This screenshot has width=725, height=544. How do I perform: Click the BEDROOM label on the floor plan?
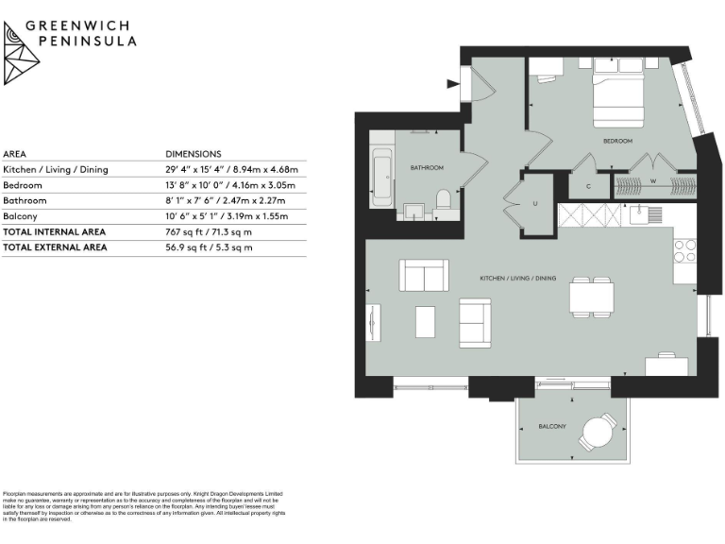pos(617,141)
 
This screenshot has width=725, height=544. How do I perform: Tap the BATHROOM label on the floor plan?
pos(427,167)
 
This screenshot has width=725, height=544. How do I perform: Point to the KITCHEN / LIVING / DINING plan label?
pos(517,279)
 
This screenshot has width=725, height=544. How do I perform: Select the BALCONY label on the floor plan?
pos(552,427)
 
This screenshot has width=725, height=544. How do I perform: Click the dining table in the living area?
pos(591,299)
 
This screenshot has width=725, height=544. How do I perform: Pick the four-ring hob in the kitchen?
pos(684,250)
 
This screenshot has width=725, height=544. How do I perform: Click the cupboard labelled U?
pos(535,203)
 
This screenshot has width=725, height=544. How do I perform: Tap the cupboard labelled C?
pos(588,186)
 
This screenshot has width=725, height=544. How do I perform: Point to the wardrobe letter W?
pos(652,181)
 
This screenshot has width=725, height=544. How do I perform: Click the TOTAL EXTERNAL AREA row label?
pos(55,247)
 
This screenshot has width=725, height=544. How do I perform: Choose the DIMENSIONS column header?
pos(194,154)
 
